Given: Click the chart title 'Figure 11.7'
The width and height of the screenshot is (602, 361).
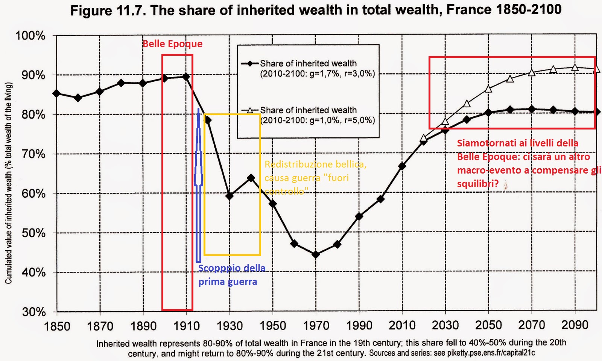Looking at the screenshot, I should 315,10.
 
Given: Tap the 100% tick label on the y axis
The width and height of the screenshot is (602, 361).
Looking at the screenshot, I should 30,36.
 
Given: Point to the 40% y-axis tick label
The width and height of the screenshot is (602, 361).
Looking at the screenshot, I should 33,272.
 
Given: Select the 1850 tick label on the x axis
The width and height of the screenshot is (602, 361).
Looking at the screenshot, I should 57,326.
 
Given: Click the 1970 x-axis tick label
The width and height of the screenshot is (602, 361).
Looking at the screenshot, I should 316,326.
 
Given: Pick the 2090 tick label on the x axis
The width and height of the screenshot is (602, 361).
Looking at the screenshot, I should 575,325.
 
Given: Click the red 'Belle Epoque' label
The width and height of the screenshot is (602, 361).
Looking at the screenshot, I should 172,44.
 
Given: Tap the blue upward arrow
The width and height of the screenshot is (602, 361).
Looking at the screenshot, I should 198,184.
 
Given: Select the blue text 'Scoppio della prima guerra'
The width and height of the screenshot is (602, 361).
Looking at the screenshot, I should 231,275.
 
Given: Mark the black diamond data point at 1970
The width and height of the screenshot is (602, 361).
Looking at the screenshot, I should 316,254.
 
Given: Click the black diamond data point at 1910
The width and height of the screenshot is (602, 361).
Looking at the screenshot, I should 186,77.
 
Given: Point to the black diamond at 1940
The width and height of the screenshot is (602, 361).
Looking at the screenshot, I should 251,178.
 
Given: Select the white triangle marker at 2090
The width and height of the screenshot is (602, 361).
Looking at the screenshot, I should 575,68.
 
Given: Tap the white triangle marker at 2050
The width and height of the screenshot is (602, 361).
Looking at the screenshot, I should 488,89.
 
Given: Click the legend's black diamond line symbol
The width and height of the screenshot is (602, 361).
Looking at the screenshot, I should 249,63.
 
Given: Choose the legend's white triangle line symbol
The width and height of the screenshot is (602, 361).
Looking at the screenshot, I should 249,110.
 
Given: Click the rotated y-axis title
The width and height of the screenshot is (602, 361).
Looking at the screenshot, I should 9,183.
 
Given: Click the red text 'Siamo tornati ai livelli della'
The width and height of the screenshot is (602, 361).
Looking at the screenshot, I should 517,143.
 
